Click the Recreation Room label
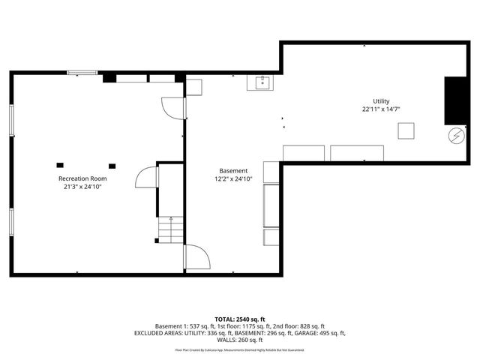[x=82, y=178]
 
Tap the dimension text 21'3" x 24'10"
[x=82, y=187]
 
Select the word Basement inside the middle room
[x=233, y=170]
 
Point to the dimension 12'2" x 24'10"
[x=233, y=179]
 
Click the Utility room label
[x=381, y=101]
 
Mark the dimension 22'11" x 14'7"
[x=381, y=109]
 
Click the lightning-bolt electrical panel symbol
[x=454, y=136]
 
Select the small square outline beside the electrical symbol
[x=407, y=131]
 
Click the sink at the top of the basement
[x=262, y=82]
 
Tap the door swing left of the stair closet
[x=145, y=178]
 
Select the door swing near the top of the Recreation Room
[x=173, y=108]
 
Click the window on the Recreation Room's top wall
[x=82, y=73]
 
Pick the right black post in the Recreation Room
[x=112, y=166]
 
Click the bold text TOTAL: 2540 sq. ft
[x=240, y=319]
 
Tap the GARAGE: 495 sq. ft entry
[x=320, y=333]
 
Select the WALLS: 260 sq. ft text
[x=240, y=340]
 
